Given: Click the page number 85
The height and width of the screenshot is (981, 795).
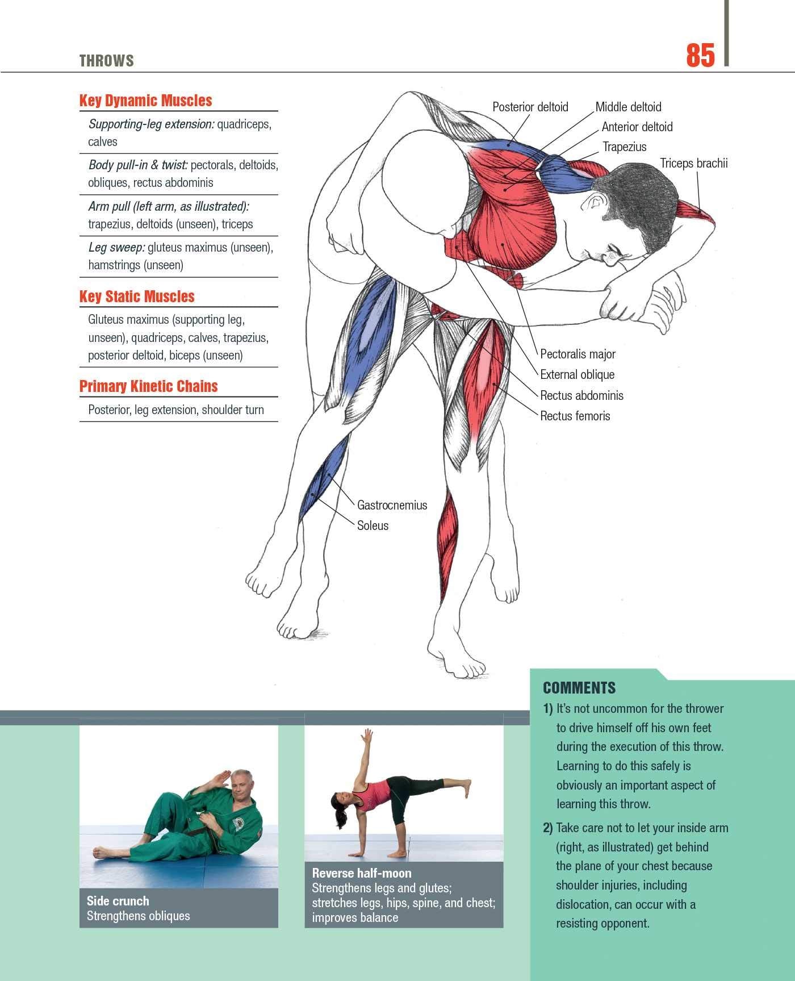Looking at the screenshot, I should [700, 56].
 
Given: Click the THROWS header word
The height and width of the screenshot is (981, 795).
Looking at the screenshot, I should [106, 61].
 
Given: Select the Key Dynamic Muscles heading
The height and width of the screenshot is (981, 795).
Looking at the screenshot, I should [145, 101].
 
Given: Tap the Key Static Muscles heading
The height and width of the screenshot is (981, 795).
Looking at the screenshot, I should [137, 297].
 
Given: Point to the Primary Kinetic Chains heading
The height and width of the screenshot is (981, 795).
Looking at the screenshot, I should [148, 386].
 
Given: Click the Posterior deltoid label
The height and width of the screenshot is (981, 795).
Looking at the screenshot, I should [530, 107].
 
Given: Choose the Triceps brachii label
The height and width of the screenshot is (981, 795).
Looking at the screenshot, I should [693, 164].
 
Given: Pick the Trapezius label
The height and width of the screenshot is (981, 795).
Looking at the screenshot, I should [624, 147].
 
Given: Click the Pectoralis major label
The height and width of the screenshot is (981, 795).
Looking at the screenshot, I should [578, 354].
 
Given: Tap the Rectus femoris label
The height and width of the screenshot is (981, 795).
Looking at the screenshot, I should [575, 416].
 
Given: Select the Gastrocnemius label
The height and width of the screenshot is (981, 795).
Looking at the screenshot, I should [392, 505].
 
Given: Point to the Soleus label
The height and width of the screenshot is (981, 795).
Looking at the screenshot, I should [373, 525].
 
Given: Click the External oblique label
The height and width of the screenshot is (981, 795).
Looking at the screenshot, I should [577, 375].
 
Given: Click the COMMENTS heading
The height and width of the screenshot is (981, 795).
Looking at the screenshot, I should [579, 688].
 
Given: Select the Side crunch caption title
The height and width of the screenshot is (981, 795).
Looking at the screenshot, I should [118, 901].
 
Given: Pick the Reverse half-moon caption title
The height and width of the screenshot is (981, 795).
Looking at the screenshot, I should [361, 873].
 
